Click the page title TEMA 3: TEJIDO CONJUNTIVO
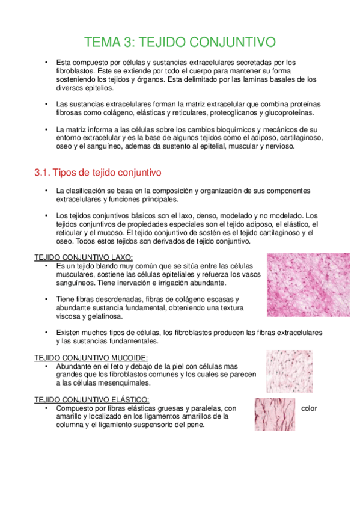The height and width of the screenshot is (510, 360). [x=180, y=42]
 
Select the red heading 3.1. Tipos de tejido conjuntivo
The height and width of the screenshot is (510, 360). [x=98, y=173]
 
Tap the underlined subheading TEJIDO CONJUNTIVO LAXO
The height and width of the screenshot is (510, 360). [x=84, y=257]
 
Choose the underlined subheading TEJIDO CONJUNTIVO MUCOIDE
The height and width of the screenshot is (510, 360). [x=91, y=357]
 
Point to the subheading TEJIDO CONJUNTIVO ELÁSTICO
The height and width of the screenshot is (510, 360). [x=91, y=400]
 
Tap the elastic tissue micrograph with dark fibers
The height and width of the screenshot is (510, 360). [x=274, y=414]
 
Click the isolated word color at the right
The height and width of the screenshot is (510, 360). [x=309, y=408]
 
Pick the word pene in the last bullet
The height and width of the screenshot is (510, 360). [x=196, y=424]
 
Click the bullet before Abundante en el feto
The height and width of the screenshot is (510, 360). [x=46, y=366]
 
